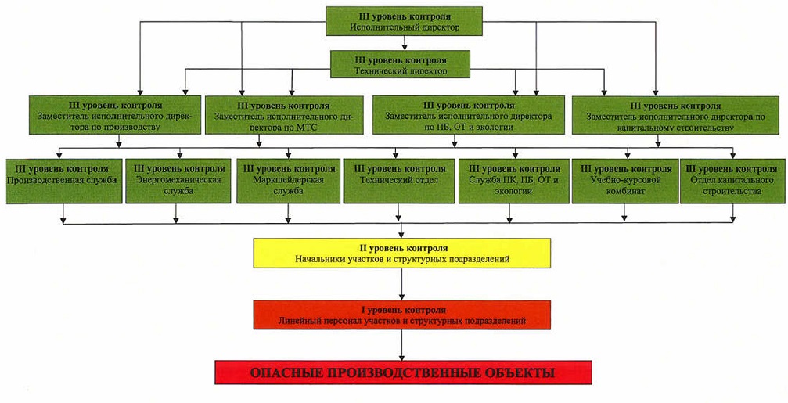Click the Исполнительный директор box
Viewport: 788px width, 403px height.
[x=404, y=21]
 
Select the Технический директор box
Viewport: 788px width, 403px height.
[x=400, y=64]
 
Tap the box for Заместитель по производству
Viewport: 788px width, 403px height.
[x=115, y=115]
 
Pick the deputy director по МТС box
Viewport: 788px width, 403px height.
[x=284, y=115]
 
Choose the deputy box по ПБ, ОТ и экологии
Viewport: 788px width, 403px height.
[x=469, y=115]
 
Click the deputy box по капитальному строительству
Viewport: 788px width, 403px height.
[x=675, y=115]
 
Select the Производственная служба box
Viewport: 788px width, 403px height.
[x=64, y=181]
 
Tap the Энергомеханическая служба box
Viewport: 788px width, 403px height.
[x=178, y=181]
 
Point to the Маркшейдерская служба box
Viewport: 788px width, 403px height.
[x=289, y=181]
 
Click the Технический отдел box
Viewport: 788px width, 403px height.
[x=399, y=181]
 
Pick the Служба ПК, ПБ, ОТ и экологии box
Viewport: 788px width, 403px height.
[x=514, y=181]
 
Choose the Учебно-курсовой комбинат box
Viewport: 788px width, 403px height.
[x=625, y=181]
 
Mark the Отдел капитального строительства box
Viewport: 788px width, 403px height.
[x=732, y=181]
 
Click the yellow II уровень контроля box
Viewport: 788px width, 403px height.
[x=402, y=254]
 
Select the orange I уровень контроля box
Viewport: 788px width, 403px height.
[x=402, y=315]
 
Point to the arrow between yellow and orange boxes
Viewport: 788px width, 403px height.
[x=402, y=284]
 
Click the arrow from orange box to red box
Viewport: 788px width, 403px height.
[x=402, y=345]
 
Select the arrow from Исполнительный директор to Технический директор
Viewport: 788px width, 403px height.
[x=404, y=43]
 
